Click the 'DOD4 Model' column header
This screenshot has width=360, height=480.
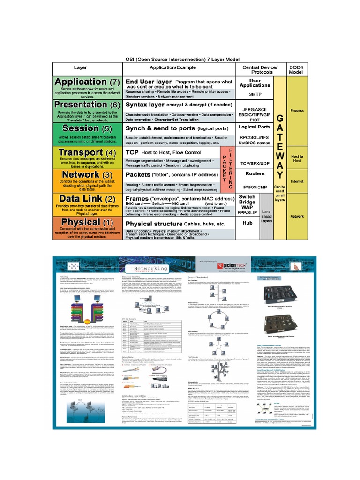pyautogui.click(x=297, y=70)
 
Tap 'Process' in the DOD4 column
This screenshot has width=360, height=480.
pyautogui.click(x=297, y=111)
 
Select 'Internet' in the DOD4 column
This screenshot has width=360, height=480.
pyautogui.click(x=297, y=180)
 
